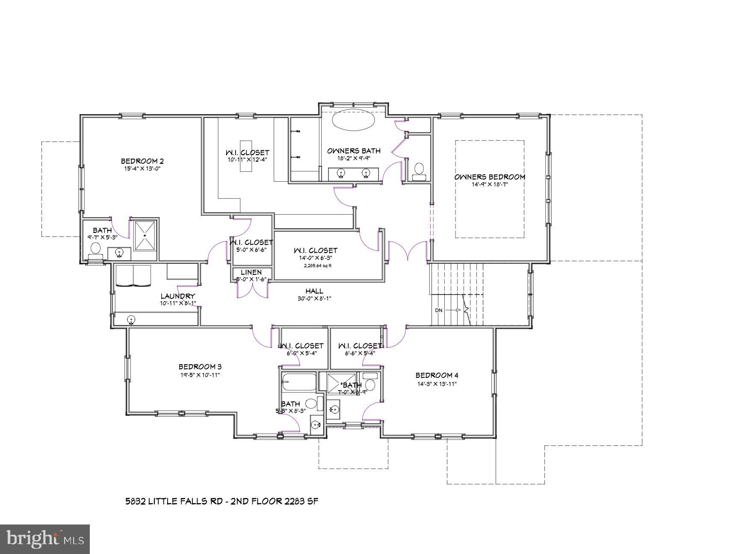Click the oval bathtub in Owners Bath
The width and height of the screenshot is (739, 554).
click(x=353, y=121)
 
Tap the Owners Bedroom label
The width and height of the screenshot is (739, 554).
click(x=490, y=177)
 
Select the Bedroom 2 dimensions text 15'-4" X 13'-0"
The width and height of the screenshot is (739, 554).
click(x=142, y=168)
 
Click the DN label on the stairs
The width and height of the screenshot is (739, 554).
click(x=439, y=310)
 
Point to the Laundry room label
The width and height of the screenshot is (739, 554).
click(x=177, y=296)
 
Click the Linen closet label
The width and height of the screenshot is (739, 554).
click(x=251, y=272)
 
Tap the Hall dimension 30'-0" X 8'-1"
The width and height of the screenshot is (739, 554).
click(x=314, y=299)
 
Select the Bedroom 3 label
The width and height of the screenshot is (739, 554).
click(x=200, y=367)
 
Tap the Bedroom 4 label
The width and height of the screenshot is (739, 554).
click(x=437, y=375)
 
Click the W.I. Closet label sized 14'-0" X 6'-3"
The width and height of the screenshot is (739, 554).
click(x=315, y=250)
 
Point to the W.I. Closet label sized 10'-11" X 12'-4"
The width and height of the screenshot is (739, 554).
click(x=247, y=153)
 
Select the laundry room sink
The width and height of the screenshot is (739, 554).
click(x=131, y=319)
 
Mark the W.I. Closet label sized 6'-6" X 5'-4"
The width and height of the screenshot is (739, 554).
click(x=359, y=345)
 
